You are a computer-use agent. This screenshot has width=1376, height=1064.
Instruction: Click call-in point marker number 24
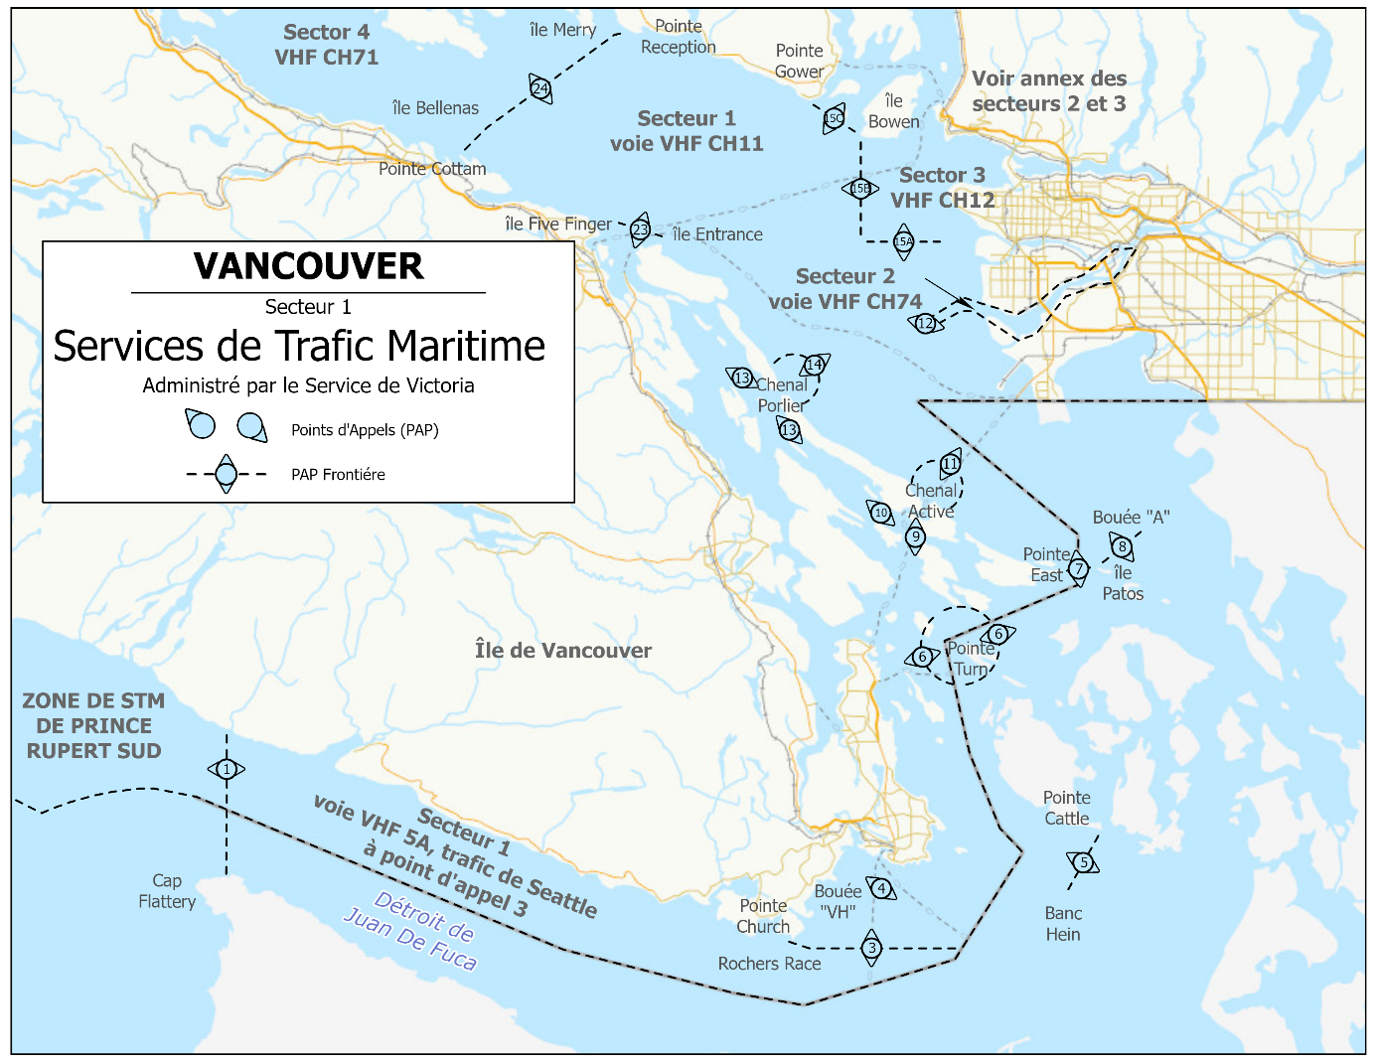(540, 89)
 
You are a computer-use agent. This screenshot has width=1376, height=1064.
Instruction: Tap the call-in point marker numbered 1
(227, 769)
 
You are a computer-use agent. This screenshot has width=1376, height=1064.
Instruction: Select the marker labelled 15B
(860, 188)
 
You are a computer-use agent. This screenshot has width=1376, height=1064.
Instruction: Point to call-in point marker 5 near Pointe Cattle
(1083, 862)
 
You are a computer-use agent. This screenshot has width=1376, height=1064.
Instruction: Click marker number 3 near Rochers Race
(871, 948)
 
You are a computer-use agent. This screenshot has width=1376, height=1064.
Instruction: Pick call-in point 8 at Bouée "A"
(1122, 546)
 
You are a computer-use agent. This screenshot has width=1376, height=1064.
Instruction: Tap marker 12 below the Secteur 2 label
(926, 323)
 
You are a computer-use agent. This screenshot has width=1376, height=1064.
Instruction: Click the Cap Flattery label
(167, 891)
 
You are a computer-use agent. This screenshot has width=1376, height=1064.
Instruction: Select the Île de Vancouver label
(563, 651)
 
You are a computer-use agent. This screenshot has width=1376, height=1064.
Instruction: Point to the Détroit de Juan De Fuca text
(410, 931)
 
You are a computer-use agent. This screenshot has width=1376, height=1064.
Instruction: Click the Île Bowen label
(893, 111)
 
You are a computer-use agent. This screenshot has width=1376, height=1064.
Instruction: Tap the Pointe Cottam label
(432, 169)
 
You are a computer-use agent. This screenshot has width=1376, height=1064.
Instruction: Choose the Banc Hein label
(1063, 924)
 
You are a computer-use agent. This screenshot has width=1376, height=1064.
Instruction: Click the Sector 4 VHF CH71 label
(327, 45)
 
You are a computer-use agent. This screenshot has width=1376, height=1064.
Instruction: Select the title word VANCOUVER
(308, 266)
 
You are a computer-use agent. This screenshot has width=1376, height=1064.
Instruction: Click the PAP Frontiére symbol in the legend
(227, 474)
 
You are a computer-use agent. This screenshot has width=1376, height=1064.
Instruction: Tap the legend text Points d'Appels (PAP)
(365, 430)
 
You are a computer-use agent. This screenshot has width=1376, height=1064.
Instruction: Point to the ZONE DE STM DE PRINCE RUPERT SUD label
(93, 726)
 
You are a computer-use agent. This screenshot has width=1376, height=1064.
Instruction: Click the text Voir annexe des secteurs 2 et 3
(1049, 91)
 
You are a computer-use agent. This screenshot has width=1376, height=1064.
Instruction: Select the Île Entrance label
(717, 234)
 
